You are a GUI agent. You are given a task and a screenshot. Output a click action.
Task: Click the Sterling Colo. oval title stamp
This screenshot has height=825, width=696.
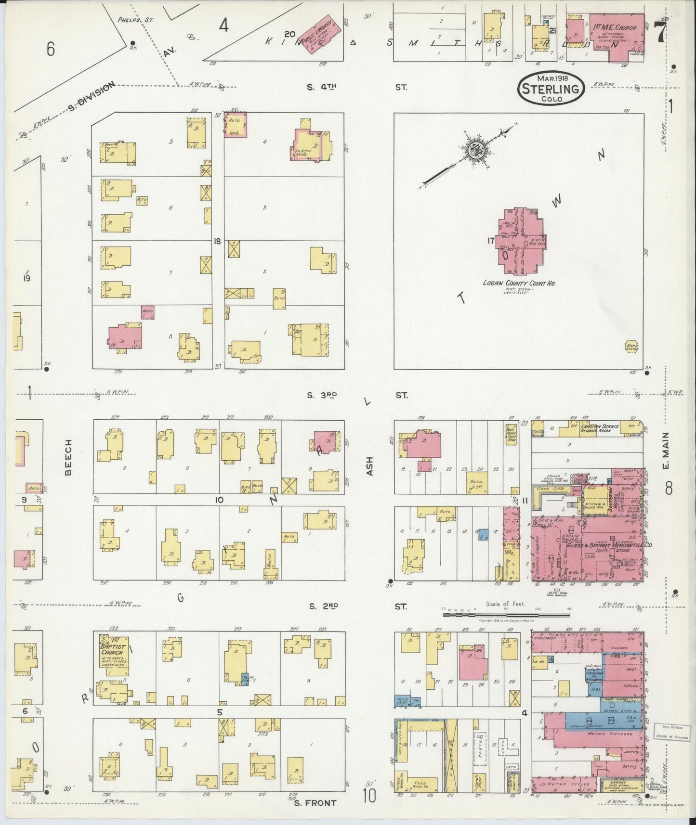[x=552, y=88]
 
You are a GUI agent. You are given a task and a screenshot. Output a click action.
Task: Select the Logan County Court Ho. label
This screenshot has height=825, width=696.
[x=519, y=284]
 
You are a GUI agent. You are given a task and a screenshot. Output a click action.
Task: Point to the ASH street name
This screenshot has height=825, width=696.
[x=370, y=466]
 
